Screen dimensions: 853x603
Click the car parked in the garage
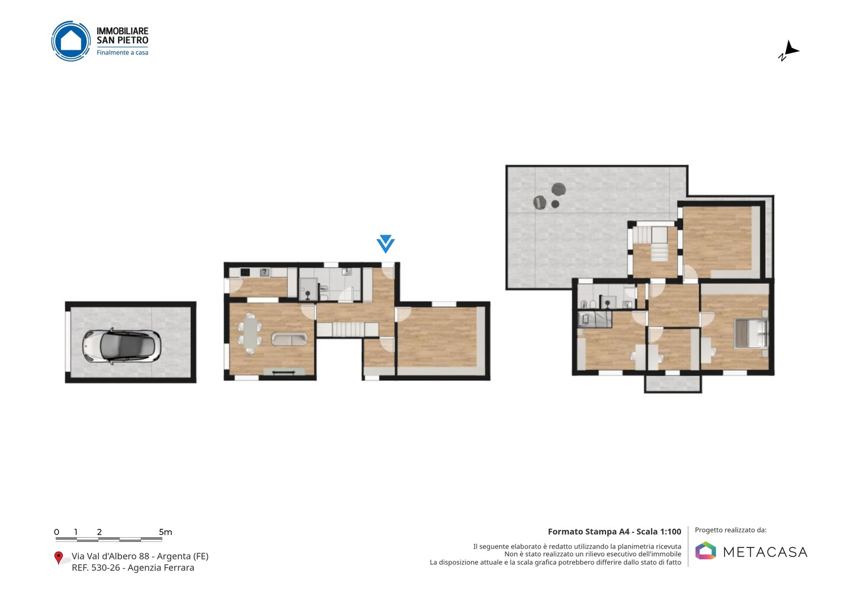(x=121, y=347)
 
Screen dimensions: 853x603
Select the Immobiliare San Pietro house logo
(x=71, y=41)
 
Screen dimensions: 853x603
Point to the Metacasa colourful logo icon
(x=706, y=550)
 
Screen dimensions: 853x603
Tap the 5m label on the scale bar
(x=165, y=532)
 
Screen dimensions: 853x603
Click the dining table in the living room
(x=250, y=333)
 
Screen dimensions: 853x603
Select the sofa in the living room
(x=289, y=339)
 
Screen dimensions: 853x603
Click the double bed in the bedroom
(x=751, y=333)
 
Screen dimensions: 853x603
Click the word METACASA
(x=765, y=552)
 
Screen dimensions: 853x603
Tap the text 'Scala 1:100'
(x=659, y=531)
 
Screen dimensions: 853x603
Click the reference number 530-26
(x=105, y=567)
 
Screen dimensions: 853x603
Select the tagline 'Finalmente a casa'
(x=122, y=53)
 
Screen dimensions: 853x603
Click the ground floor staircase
(x=347, y=330)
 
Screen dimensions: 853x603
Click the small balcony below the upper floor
(x=673, y=383)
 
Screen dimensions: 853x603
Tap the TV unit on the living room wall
(x=284, y=371)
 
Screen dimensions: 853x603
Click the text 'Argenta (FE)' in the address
(x=182, y=556)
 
